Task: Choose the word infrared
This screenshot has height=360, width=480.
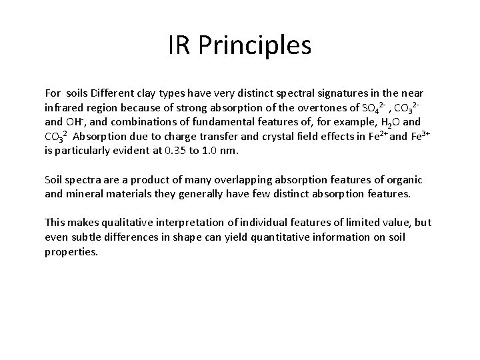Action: coord(63,108)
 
